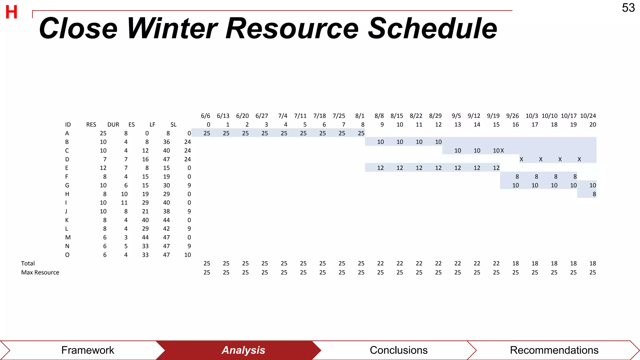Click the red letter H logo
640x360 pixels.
pos(12,12)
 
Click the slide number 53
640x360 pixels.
pos(628,8)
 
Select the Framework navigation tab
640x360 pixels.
pos(87,350)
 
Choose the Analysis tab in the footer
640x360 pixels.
pos(243,350)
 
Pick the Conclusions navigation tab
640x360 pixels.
pos(398,350)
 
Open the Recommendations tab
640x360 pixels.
pos(554,350)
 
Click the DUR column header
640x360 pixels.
pos(113,125)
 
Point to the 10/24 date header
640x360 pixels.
pos(588,116)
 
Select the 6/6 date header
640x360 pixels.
pos(205,116)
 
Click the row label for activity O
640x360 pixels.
pos(67,255)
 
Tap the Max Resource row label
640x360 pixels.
pos(40,272)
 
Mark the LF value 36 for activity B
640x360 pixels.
pos(166,142)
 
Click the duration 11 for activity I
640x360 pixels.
pos(124,203)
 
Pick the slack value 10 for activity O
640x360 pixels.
pos(187,255)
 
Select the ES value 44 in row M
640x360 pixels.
pos(145,237)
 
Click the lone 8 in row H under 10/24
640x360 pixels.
pos(594,194)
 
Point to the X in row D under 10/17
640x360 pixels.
pos(579,159)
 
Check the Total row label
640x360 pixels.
pos(28,263)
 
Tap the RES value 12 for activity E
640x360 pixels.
pos(103,168)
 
